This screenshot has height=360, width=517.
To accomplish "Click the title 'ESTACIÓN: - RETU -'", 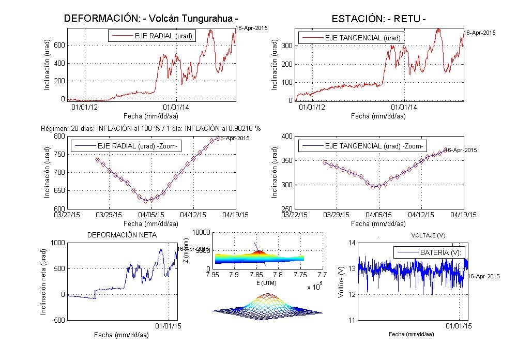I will pos(379,19).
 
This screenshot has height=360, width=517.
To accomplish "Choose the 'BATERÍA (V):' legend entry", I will pos(430,252).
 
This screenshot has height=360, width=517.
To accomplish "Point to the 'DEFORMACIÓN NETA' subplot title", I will pos(122,235).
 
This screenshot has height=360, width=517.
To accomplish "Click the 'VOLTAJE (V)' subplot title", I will pos(428,235).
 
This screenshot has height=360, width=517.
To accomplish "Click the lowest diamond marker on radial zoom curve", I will pos(145,201).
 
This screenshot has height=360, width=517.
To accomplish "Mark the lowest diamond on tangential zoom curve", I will pos(373,187).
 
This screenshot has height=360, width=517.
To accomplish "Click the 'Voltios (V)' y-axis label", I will pos(340,282).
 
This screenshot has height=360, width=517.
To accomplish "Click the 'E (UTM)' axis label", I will pos(264,283).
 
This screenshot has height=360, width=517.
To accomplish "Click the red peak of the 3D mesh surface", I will pos(267,295).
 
